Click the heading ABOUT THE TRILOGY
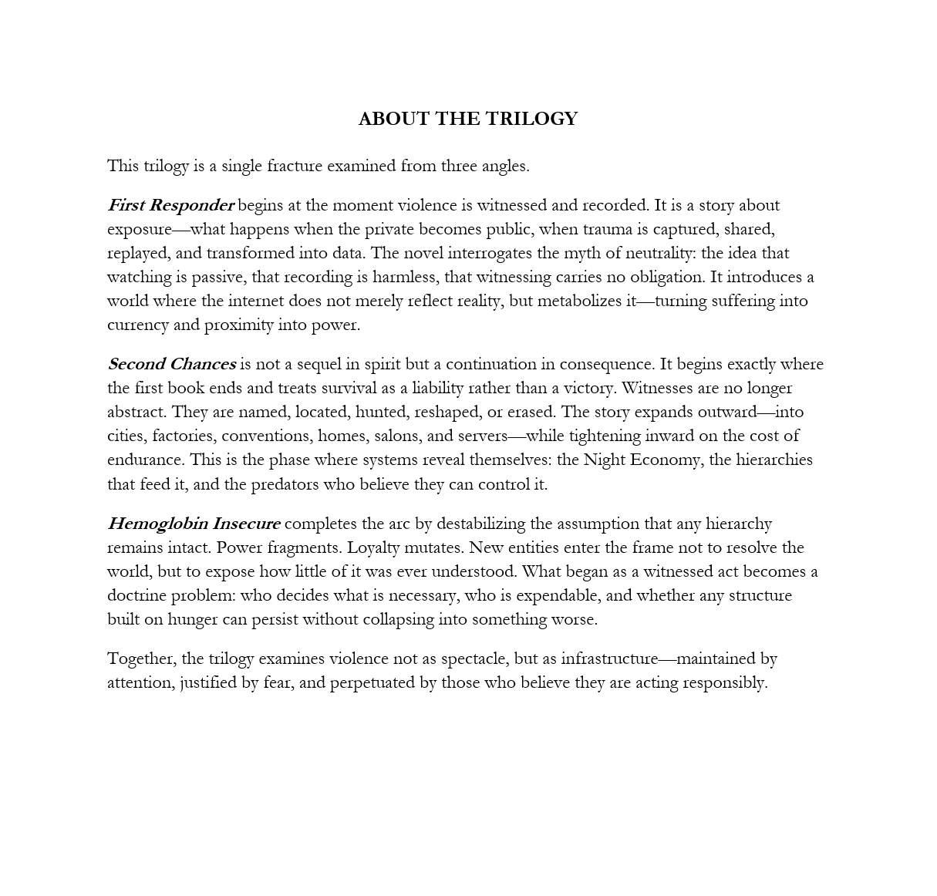(x=467, y=119)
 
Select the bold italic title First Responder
(x=170, y=205)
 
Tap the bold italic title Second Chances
(x=171, y=364)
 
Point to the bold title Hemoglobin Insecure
(x=194, y=524)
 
